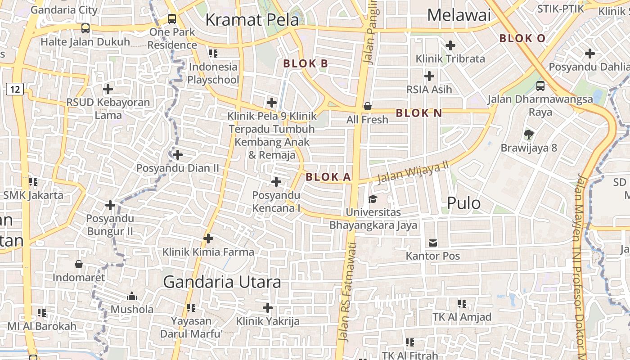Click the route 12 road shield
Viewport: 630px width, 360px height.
(x=15, y=89)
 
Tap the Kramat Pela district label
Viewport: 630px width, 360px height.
(x=252, y=20)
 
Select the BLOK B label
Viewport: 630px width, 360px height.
(x=306, y=64)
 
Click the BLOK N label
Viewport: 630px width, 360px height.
(x=419, y=113)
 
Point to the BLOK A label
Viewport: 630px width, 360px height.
(x=328, y=177)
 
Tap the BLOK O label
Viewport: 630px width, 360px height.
(x=522, y=38)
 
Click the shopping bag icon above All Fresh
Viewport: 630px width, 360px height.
(x=368, y=106)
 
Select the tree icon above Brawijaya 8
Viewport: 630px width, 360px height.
(x=529, y=134)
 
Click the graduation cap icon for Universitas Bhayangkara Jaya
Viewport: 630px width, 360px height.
(x=373, y=199)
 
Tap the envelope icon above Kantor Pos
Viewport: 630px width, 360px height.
(x=433, y=243)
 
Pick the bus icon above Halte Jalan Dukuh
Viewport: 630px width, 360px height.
(x=85, y=28)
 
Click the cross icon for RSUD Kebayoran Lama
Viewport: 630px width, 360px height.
(x=108, y=89)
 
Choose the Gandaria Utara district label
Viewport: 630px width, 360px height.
(x=222, y=282)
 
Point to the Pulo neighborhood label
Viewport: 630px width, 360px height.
(x=463, y=203)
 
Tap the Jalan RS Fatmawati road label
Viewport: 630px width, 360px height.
(x=346, y=292)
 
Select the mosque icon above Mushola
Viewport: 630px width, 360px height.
(x=132, y=296)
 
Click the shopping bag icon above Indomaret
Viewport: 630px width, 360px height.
(x=79, y=264)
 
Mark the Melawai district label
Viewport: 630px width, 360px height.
(x=459, y=15)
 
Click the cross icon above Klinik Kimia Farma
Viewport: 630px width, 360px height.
(x=208, y=238)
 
